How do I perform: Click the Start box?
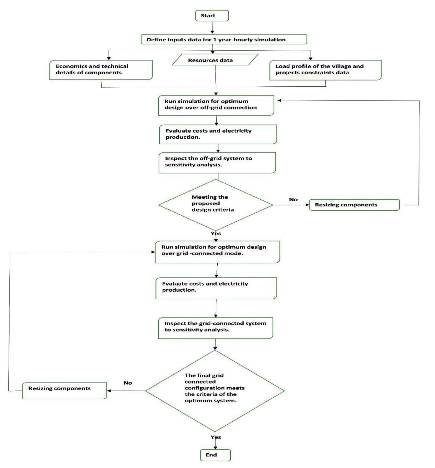tap(212, 16)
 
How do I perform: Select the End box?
tap(215, 455)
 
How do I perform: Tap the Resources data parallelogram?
tap(215, 60)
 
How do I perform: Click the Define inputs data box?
tap(224, 39)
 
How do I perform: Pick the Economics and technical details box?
tap(101, 70)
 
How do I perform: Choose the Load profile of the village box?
tap(325, 70)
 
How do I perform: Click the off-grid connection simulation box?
tap(216, 105)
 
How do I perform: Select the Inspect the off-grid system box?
tap(217, 163)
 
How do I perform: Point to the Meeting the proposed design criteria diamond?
tap(215, 205)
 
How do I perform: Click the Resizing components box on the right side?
tap(354, 205)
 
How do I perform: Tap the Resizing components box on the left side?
tap(64, 390)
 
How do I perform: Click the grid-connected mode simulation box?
tap(217, 252)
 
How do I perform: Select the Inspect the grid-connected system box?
tap(215, 328)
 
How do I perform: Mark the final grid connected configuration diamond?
tap(215, 390)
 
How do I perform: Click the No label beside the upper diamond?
tap(293, 199)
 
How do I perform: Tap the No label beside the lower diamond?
tap(128, 383)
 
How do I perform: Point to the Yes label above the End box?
tap(216, 437)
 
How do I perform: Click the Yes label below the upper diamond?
tap(216, 233)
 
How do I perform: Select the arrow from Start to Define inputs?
tap(212, 27)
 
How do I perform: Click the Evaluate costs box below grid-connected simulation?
tap(216, 288)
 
